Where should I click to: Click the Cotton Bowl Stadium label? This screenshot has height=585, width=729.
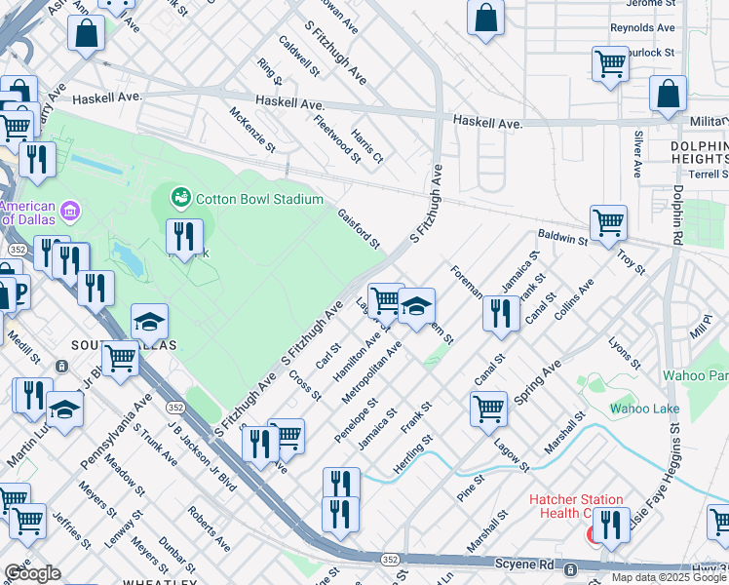pyautogui.click(x=259, y=199)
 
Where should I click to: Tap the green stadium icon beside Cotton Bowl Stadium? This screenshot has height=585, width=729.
pyautogui.click(x=180, y=198)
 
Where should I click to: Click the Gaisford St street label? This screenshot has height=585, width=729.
pyautogui.click(x=359, y=228)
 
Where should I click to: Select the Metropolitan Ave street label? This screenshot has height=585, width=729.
pyautogui.click(x=372, y=372)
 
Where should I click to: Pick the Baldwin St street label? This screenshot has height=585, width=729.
pyautogui.click(x=562, y=237)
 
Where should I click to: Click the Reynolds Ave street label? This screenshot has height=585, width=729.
pyautogui.click(x=642, y=28)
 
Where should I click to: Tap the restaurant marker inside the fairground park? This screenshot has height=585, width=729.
pyautogui.click(x=184, y=235)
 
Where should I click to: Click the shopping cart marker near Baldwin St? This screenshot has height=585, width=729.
pyautogui.click(x=608, y=221)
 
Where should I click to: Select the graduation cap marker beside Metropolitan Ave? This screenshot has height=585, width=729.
pyautogui.click(x=416, y=307)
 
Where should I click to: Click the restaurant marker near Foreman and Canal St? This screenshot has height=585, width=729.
pyautogui.click(x=500, y=313)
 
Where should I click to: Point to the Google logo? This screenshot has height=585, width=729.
pyautogui.click(x=32, y=573)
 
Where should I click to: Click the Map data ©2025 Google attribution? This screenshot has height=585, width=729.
pyautogui.click(x=669, y=577)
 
